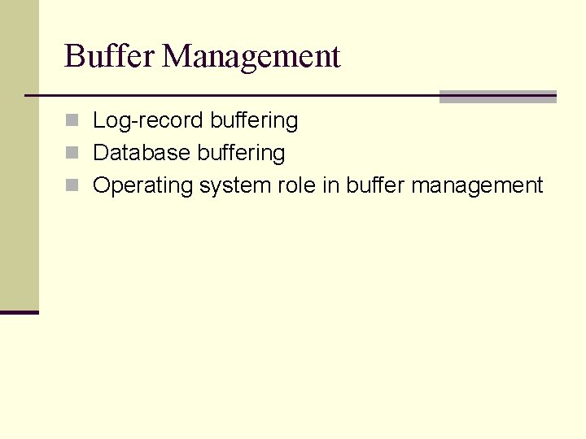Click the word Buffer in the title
[x=111, y=56]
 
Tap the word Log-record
[x=149, y=121]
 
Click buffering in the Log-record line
[x=254, y=121]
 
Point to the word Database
[x=138, y=153]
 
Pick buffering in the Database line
[x=241, y=153]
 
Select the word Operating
[x=142, y=186]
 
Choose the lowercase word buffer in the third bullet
[x=375, y=185]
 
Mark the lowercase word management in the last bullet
[x=477, y=186]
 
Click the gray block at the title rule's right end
[x=497, y=96]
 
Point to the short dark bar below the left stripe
[x=19, y=311]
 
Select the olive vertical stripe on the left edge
[x=19, y=154]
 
